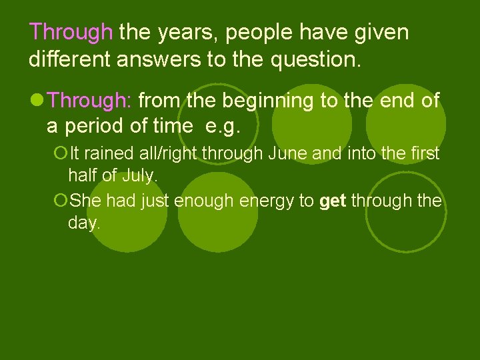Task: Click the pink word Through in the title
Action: click(x=71, y=32)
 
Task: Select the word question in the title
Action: click(x=316, y=61)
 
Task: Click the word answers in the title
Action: click(x=158, y=61)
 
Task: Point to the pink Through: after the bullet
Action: click(x=93, y=101)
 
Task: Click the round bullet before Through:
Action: click(x=37, y=101)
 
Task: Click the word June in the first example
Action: click(x=289, y=154)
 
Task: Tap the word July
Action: click(x=144, y=177)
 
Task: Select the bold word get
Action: click(x=332, y=201)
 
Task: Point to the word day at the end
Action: click(x=83, y=224)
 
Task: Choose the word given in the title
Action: click(x=379, y=32)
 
